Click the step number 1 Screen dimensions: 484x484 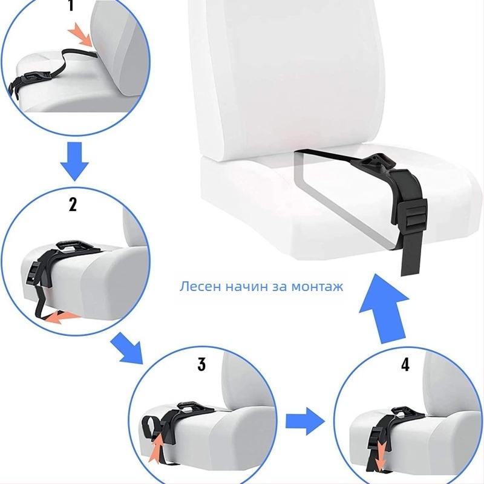click(71, 5)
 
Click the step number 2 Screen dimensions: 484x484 click(73, 204)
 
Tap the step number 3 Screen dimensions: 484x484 click(201, 364)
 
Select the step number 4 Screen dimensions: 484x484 click(405, 364)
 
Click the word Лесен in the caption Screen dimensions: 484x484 click(200, 286)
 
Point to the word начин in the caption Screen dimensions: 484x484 click(246, 286)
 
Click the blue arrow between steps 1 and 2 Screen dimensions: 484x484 click(74, 161)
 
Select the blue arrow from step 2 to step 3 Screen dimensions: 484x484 click(127, 348)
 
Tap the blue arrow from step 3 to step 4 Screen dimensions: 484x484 click(306, 421)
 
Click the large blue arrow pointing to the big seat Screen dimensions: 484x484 click(385, 309)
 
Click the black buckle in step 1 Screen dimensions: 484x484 click(37, 77)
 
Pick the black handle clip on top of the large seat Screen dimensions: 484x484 click(378, 163)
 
